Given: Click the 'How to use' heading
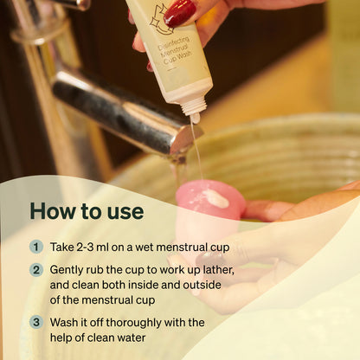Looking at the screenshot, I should (x=87, y=211).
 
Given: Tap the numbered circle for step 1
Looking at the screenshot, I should (x=36, y=247).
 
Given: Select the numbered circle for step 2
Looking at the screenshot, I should (x=36, y=270).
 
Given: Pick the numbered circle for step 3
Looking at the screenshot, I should (x=36, y=322).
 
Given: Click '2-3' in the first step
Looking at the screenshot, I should (x=92, y=247).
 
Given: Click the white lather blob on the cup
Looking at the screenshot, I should (x=217, y=198).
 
